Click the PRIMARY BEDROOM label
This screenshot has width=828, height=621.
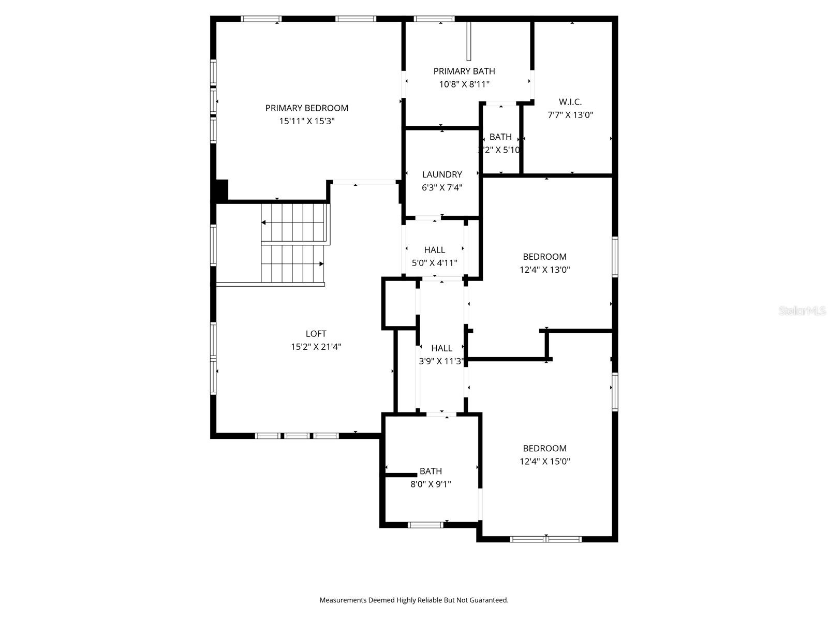(306, 108)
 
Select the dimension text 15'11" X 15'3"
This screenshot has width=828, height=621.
(306, 121)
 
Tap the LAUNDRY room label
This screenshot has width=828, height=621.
(442, 174)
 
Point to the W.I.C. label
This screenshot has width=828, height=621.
(570, 102)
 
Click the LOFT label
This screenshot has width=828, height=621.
(316, 334)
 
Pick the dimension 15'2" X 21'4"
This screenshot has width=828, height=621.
(316, 347)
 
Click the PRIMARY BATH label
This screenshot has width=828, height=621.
(464, 71)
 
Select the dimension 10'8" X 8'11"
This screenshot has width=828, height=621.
(464, 84)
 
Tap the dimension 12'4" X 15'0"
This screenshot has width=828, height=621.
(544, 462)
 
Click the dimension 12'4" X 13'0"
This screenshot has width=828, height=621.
(544, 270)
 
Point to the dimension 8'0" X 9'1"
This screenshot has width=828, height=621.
(431, 484)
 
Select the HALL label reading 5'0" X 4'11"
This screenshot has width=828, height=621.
(434, 250)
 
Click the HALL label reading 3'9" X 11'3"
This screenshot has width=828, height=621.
(441, 348)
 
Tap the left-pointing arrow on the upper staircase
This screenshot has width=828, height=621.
(264, 223)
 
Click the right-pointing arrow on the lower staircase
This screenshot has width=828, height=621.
(321, 264)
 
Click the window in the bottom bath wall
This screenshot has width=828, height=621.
(425, 525)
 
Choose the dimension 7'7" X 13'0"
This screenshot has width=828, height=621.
(570, 115)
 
